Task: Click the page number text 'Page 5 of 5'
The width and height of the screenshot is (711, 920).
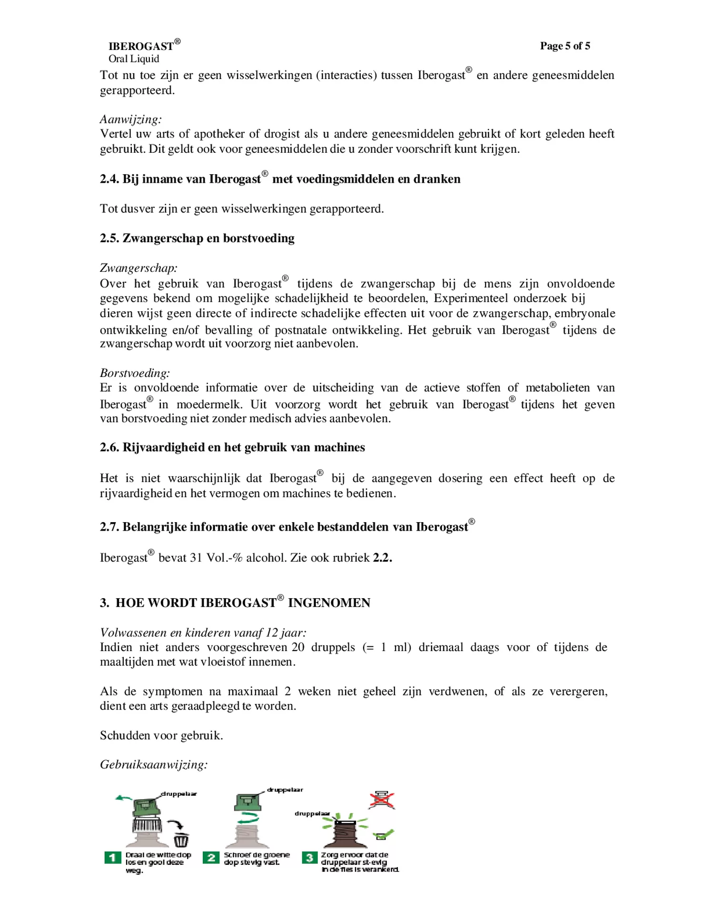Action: click(x=564, y=46)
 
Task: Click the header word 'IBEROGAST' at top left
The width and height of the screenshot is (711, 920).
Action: click(x=141, y=46)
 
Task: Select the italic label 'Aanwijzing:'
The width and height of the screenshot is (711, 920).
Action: click(x=130, y=119)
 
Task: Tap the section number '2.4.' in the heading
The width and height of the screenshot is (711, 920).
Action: click(x=109, y=179)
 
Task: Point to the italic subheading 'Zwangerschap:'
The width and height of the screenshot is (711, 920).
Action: click(x=138, y=268)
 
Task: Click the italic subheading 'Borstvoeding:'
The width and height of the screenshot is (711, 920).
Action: click(x=135, y=373)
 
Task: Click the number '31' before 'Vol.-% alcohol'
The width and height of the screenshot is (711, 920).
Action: click(x=196, y=557)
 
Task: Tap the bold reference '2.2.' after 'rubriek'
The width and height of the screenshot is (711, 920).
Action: click(x=383, y=557)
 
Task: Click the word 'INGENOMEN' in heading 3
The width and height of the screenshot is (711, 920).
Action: click(x=329, y=603)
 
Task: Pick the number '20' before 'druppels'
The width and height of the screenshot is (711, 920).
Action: click(x=298, y=647)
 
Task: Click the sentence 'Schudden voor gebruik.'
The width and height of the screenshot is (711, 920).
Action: click(x=161, y=735)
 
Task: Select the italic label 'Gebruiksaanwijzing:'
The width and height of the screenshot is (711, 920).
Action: click(x=154, y=764)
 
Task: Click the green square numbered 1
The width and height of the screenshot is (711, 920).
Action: click(x=112, y=858)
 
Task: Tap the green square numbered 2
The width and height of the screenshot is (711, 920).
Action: click(x=211, y=858)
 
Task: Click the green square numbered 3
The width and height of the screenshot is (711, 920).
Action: click(x=309, y=858)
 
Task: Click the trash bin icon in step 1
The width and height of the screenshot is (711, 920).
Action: click(x=181, y=840)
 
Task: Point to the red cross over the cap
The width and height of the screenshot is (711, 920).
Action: click(x=382, y=800)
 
